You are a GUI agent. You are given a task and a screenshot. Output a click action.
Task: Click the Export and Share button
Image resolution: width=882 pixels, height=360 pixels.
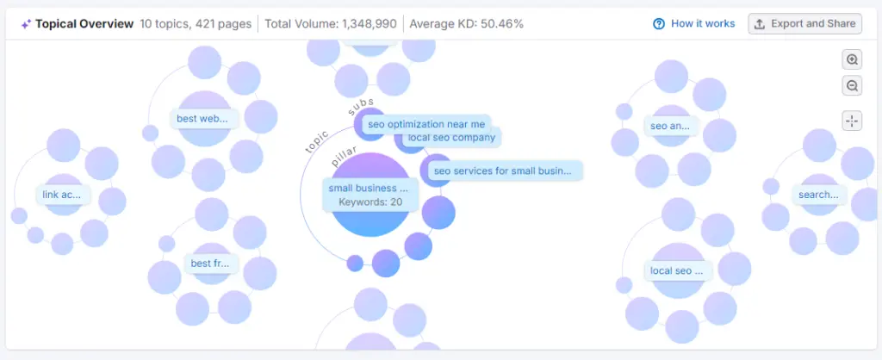(804, 24)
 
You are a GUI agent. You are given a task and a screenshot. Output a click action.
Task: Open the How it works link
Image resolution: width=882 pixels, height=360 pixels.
(694, 24)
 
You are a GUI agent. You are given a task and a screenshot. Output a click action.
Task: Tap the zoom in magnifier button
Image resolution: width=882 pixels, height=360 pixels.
(852, 59)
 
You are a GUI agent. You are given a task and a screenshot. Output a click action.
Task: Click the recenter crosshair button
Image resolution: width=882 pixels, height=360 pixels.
(852, 121)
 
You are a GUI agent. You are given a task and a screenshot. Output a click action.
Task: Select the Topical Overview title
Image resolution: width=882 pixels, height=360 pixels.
(84, 24)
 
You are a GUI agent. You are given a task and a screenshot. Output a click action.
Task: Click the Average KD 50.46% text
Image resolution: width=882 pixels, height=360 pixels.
(466, 24)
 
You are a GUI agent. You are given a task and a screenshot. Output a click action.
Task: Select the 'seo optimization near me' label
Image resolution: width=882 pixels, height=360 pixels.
(426, 124)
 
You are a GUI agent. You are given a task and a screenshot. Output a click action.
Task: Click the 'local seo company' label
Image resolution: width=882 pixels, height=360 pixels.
(451, 137)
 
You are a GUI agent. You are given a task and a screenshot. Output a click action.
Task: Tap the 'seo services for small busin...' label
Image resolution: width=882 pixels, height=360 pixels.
(503, 171)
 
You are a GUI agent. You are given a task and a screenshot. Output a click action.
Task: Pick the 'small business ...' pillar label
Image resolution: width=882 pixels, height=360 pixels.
(368, 188)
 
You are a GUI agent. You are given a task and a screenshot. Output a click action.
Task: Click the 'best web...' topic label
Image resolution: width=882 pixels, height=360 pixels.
(202, 119)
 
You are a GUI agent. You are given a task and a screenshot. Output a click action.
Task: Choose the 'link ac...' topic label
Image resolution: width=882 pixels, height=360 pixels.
(61, 195)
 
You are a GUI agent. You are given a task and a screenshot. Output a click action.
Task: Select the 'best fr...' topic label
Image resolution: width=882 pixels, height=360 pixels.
(210, 264)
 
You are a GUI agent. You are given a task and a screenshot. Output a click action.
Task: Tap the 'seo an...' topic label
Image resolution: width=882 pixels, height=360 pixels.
(670, 126)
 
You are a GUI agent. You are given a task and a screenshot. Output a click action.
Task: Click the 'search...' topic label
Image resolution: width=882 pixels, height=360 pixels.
(818, 195)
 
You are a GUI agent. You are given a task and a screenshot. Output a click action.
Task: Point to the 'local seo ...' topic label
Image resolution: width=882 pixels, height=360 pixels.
(677, 270)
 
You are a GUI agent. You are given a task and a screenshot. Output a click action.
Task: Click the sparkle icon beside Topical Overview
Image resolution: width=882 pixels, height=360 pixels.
(26, 24)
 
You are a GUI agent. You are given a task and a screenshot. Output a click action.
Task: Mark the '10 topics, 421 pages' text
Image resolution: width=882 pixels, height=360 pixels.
(195, 24)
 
